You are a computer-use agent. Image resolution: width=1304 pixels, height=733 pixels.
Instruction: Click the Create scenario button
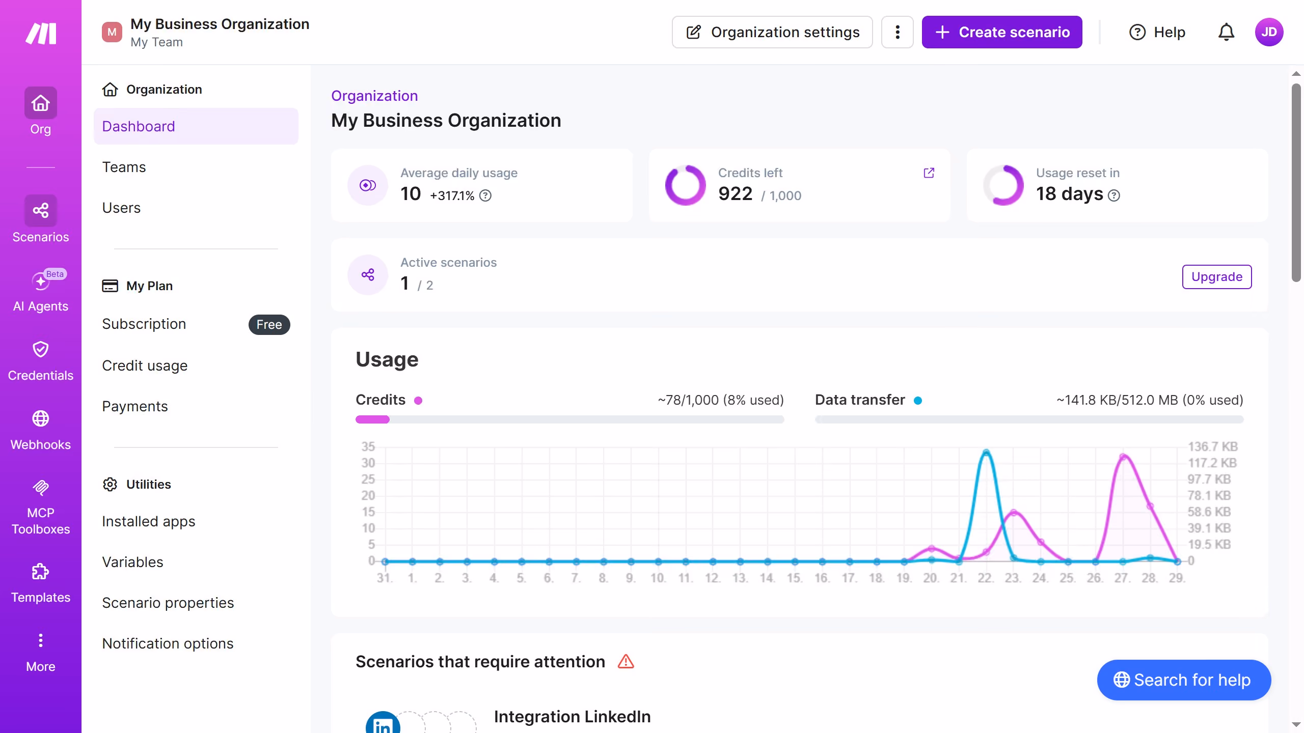click(x=1002, y=32)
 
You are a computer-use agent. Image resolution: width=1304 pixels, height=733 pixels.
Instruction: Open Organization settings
click(x=772, y=32)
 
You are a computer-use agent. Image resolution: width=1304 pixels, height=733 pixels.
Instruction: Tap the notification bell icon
click(x=1226, y=32)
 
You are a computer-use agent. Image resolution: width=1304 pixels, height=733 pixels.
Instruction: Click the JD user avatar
click(x=1269, y=32)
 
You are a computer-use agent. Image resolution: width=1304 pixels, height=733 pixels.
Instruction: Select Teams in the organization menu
click(x=124, y=167)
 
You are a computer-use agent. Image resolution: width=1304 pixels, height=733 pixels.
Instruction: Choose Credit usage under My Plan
click(x=145, y=365)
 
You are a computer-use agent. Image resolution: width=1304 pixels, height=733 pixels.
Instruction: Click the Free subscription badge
click(x=269, y=324)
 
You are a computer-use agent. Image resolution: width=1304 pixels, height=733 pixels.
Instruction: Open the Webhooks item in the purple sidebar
click(x=41, y=431)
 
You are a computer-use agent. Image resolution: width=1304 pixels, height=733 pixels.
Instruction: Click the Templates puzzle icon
click(x=41, y=572)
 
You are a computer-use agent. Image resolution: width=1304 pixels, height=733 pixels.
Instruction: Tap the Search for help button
click(x=1184, y=680)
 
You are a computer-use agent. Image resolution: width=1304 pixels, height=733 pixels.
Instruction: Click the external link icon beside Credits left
click(x=929, y=173)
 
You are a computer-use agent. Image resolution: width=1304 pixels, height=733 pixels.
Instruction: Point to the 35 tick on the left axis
click(x=368, y=446)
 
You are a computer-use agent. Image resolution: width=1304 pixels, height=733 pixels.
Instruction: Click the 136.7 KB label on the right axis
click(x=1213, y=446)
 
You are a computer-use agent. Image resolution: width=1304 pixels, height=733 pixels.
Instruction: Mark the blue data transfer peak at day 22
click(x=986, y=452)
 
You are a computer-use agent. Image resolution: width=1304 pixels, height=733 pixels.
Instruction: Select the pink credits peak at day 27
click(x=1123, y=457)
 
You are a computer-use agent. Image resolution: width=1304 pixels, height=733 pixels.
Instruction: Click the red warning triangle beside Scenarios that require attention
click(x=626, y=662)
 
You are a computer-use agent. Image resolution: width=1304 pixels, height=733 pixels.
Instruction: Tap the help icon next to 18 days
click(x=1114, y=195)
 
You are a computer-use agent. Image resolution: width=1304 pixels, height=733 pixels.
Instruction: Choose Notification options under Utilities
click(x=168, y=643)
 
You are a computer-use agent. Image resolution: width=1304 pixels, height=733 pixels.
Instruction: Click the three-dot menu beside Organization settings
click(x=898, y=32)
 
